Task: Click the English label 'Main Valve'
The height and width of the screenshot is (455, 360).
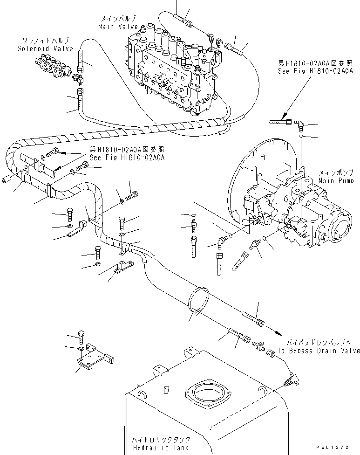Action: click(x=116, y=27)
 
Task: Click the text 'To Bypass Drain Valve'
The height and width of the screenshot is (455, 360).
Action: click(x=318, y=351)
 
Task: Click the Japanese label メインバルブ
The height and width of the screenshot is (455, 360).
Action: click(x=116, y=20)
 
